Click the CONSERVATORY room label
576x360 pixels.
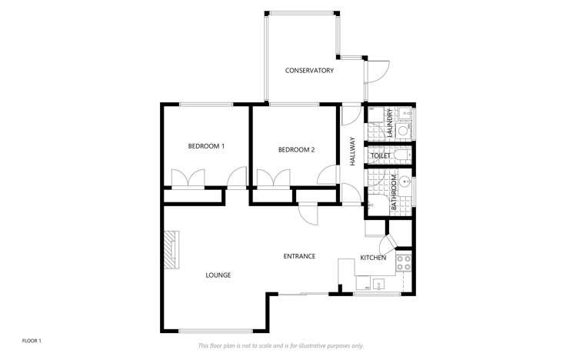(309, 71)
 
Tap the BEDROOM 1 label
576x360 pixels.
(206, 146)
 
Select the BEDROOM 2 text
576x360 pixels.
(296, 150)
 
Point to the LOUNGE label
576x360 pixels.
(218, 275)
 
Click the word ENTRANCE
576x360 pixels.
(299, 256)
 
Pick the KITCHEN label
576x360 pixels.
(373, 258)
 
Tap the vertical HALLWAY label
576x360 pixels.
(352, 152)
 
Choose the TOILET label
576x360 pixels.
(381, 156)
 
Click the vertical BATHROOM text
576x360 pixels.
(394, 192)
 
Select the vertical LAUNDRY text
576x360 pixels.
(390, 122)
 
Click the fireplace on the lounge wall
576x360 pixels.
(169, 249)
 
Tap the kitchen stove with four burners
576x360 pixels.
(404, 265)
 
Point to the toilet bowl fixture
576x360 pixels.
(405, 155)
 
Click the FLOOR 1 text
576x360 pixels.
(31, 339)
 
